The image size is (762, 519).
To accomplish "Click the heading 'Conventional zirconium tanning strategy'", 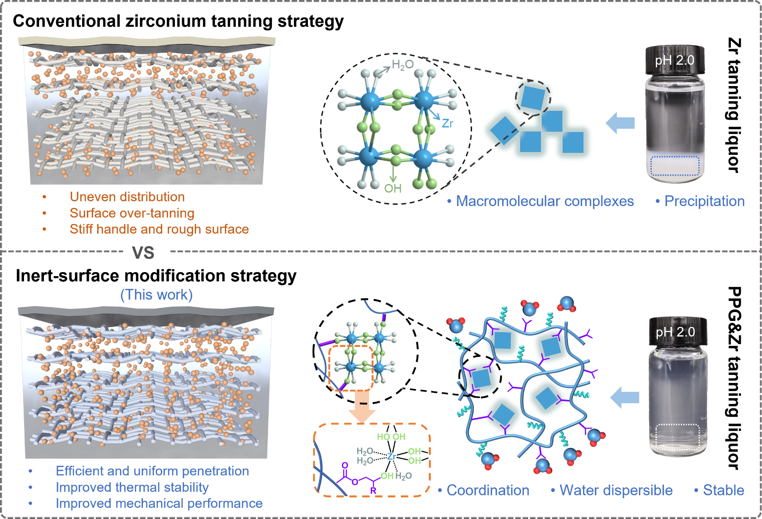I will (x=178, y=21).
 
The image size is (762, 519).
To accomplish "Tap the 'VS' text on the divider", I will (x=143, y=253).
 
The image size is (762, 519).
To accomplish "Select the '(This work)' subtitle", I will (x=157, y=295).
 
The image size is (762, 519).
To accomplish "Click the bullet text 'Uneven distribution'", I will (x=127, y=197).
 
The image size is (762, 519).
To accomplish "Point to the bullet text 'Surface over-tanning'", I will (x=132, y=213).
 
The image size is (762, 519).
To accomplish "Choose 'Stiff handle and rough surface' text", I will (x=159, y=229).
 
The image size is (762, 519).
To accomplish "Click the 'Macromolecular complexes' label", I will (x=545, y=201).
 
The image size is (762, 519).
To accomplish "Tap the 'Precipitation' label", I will (x=704, y=201).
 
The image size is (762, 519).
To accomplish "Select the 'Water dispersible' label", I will (x=616, y=490).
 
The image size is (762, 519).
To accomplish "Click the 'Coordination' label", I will (x=488, y=490).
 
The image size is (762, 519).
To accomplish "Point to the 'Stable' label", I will (x=724, y=490).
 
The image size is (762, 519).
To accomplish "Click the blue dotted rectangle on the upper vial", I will (x=675, y=166).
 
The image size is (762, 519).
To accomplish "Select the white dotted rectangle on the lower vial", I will (x=677, y=437).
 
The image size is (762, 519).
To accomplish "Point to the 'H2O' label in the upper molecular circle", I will (x=402, y=65).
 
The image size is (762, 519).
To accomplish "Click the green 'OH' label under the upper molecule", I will (x=392, y=188).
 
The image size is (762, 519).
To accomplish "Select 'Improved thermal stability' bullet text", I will (x=132, y=487).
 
